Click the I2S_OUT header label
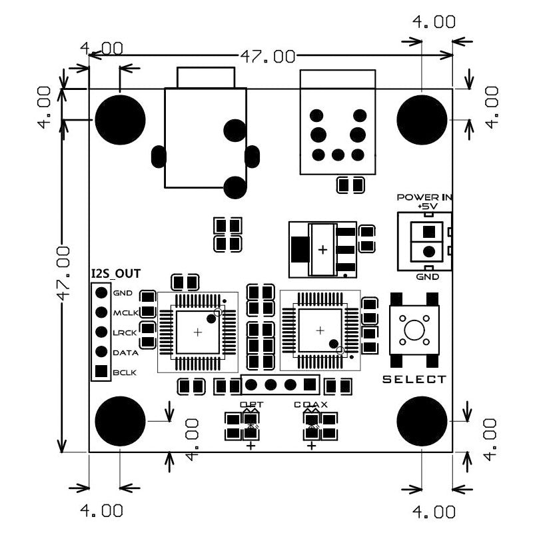[x=115, y=273]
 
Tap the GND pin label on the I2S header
[x=123, y=293]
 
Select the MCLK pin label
[x=125, y=312]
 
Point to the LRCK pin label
[x=125, y=332]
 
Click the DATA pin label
[x=125, y=352]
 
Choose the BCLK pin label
[x=125, y=372]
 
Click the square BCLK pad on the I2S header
[x=101, y=372]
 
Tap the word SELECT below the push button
[x=414, y=380]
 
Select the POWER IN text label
[x=424, y=197]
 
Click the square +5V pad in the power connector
[x=428, y=232]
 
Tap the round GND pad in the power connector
[x=428, y=252]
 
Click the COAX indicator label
[x=310, y=404]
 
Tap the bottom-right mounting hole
[x=422, y=421]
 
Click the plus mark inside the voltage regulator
[x=323, y=250]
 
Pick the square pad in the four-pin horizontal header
[x=309, y=384]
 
